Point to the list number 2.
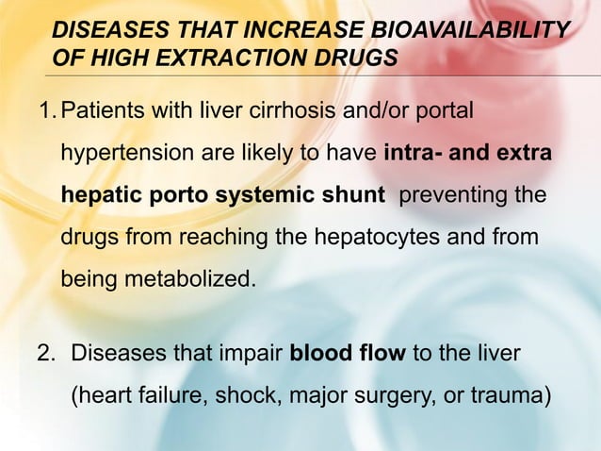(45, 356)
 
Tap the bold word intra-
(413, 155)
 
